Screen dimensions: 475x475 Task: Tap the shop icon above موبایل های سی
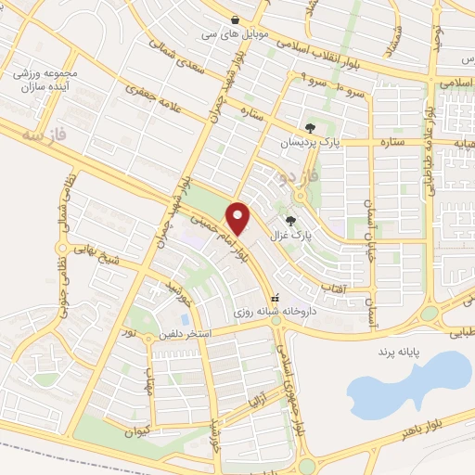[x=236, y=19]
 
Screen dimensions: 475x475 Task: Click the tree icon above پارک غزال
[x=291, y=221]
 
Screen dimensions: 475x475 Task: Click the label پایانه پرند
[x=399, y=353]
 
